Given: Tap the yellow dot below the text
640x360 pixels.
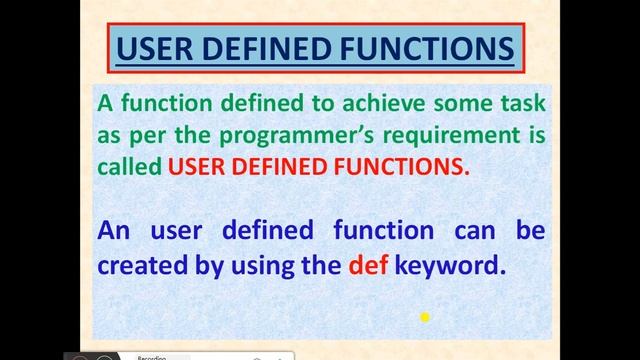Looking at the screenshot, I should point(424,317).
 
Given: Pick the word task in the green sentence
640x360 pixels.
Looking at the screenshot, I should point(521,103).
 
